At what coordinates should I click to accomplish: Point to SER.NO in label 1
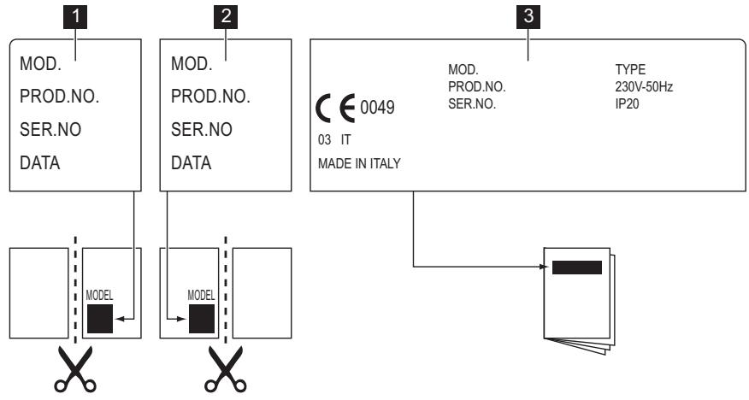[49, 130]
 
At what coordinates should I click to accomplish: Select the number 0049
[377, 110]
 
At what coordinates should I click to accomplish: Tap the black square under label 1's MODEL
[98, 318]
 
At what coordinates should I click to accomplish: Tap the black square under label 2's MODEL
[201, 318]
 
